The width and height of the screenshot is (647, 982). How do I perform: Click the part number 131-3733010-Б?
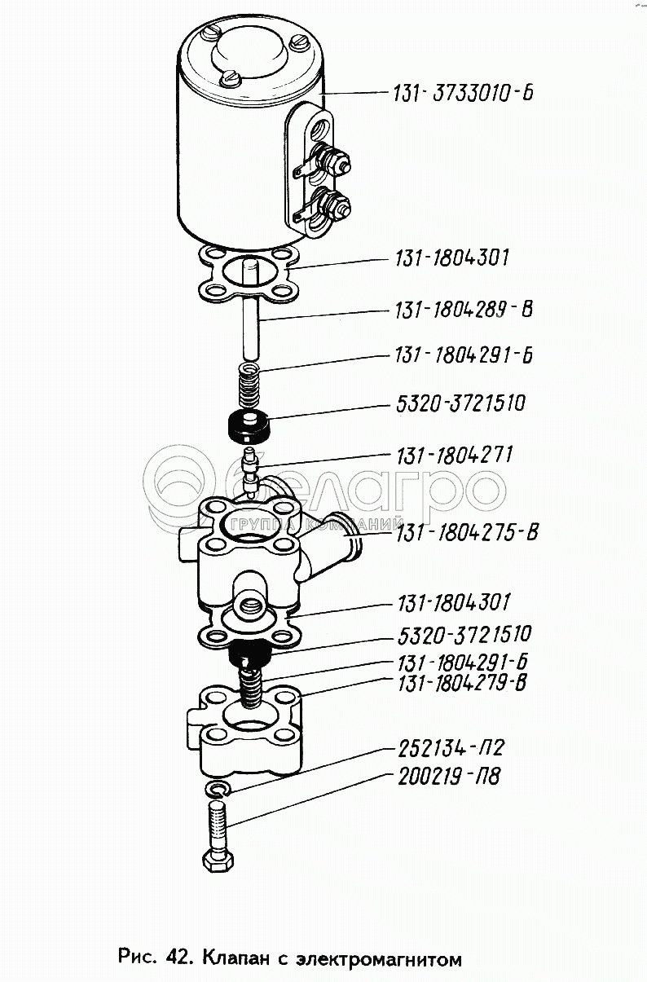461,94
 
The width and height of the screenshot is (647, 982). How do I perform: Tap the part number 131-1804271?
455,455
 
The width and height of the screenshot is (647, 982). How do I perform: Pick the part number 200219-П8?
447,777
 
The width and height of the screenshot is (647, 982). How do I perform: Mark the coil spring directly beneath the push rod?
247,384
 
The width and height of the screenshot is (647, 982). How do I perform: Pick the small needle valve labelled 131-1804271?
250,469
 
